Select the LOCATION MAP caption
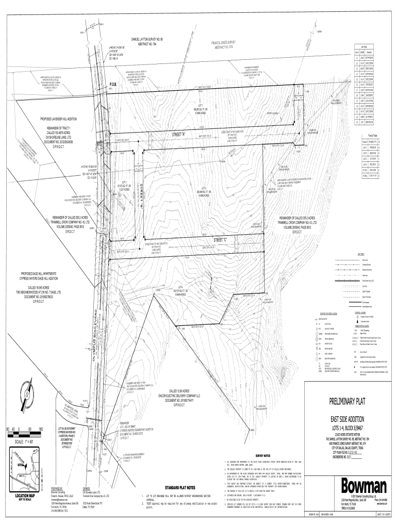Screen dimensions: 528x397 [22, 496]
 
